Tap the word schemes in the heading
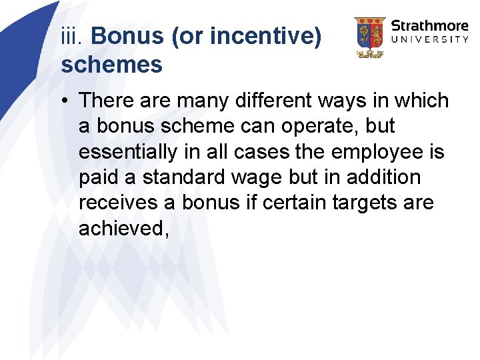coord(111,65)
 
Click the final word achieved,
coord(124,229)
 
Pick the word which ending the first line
coord(420,101)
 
